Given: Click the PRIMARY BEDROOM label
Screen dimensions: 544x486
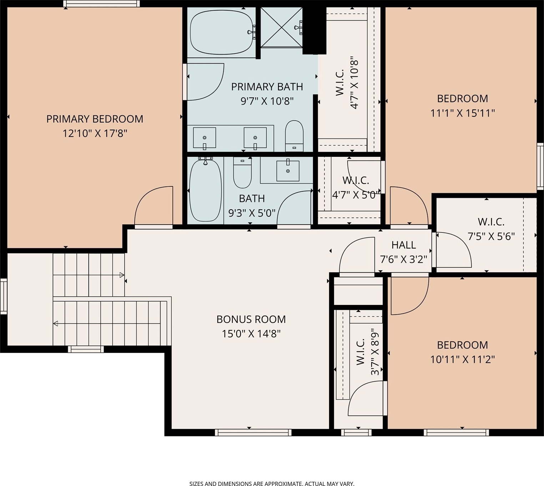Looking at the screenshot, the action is tap(95, 119).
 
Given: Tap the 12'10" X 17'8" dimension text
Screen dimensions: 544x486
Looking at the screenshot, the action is tap(95, 133).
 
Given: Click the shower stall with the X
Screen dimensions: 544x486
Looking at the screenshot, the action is tap(281, 27).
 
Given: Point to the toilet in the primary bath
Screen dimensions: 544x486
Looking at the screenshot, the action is tap(294, 136).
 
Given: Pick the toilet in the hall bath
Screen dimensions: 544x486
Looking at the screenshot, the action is tap(242, 172).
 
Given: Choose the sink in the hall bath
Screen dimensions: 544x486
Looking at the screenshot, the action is tap(288, 171).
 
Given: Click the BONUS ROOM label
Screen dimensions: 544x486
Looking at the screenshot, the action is tap(251, 320).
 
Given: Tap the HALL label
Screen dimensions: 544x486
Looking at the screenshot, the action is tap(404, 245).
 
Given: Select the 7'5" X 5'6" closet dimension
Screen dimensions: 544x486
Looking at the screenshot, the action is tap(491, 236).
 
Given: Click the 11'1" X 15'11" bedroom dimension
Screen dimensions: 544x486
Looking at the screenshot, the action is tap(462, 113).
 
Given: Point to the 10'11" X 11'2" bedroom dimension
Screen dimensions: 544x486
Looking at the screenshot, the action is tap(462, 360).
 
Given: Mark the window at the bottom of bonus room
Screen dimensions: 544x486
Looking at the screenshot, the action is tap(253, 432).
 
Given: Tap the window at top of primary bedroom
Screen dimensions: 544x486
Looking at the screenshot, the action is tap(101, 4).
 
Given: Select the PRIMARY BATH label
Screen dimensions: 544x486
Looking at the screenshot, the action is tap(267, 87).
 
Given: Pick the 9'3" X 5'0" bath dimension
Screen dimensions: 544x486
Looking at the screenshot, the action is tap(252, 213).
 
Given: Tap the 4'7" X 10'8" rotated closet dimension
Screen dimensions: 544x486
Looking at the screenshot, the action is tap(354, 84).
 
